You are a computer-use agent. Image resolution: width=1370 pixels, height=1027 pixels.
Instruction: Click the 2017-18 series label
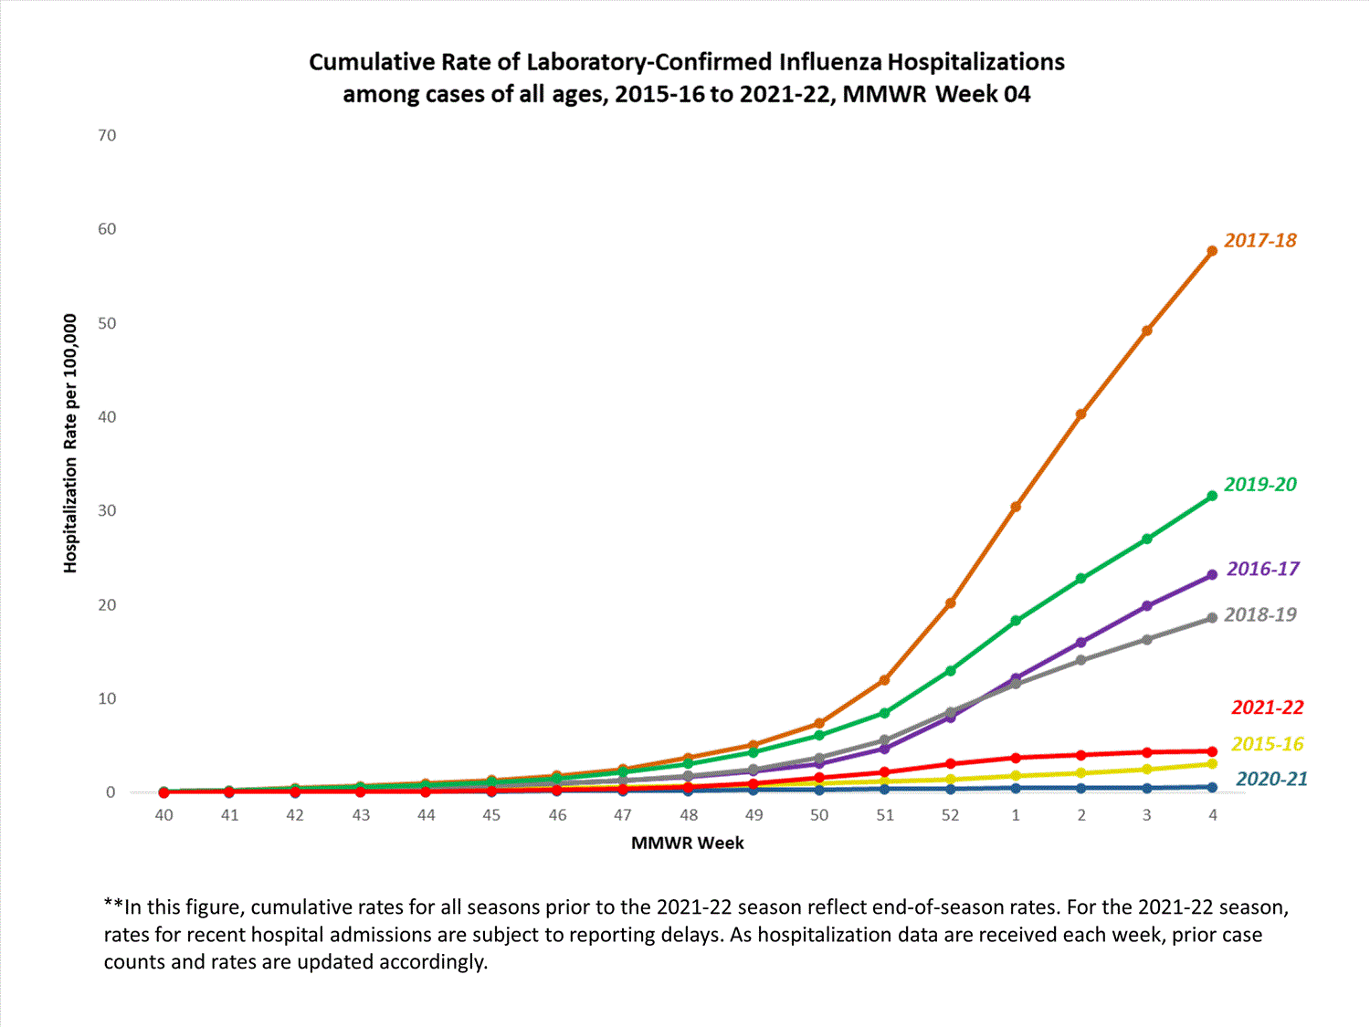pos(1259,241)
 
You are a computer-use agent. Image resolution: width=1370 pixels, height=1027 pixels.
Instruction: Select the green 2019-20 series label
pos(1259,485)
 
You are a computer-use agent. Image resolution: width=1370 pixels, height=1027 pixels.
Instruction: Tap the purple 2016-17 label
pos(1262,570)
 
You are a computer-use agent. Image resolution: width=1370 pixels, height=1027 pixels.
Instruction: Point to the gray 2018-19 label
pos(1259,615)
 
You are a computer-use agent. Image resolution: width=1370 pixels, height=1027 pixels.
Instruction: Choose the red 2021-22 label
pos(1267,707)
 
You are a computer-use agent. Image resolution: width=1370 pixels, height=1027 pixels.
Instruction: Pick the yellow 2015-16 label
pos(1267,744)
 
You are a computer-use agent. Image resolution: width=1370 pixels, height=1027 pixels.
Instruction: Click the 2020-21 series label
pos(1271,780)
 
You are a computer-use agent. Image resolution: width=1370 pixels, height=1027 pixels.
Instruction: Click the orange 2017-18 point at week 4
pos(1212,251)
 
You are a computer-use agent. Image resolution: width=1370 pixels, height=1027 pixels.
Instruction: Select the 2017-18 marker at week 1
pos(1016,507)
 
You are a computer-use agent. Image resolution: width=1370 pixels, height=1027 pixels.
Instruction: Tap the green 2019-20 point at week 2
pos(1081,579)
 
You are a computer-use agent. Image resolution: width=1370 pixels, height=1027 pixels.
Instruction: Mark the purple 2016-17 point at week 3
pos(1147,606)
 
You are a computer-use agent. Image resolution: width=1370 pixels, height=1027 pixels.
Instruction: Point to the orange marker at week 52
pos(951,603)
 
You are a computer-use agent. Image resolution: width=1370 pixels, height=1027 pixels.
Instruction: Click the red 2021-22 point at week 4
pos(1212,752)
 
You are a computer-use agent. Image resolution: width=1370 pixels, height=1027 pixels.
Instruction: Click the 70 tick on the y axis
pos(108,136)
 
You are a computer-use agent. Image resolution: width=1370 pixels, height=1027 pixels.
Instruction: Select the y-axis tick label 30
pos(108,511)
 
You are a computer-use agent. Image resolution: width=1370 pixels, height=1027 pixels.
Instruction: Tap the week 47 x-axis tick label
pos(623,815)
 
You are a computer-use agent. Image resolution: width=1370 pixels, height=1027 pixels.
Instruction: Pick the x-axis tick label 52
pos(951,815)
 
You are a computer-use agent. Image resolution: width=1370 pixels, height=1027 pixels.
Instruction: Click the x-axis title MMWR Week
pos(687,844)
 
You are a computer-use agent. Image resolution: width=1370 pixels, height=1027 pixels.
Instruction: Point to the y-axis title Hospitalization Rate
pos(70,444)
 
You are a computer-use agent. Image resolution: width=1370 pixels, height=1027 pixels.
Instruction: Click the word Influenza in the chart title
pos(830,62)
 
